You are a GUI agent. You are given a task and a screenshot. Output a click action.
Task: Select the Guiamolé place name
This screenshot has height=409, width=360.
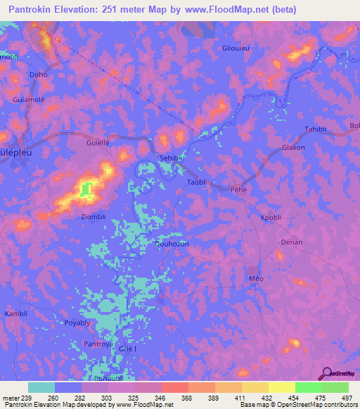coord(29,100)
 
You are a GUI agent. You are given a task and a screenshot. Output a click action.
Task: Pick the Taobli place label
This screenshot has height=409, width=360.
coord(197,182)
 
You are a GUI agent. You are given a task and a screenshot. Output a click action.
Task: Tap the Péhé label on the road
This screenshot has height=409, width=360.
coord(240,190)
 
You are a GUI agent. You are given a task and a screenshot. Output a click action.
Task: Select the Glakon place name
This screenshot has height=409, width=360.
coord(293,148)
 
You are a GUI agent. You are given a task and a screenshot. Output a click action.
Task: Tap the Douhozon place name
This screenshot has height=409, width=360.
coord(172,244)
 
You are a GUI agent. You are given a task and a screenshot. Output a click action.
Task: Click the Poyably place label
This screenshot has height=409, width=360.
coord(77,323)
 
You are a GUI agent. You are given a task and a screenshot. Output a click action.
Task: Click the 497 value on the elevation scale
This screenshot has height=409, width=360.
coord(345,398)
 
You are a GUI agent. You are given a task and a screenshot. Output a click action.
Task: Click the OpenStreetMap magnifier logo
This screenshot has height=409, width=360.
coord(327,373)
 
